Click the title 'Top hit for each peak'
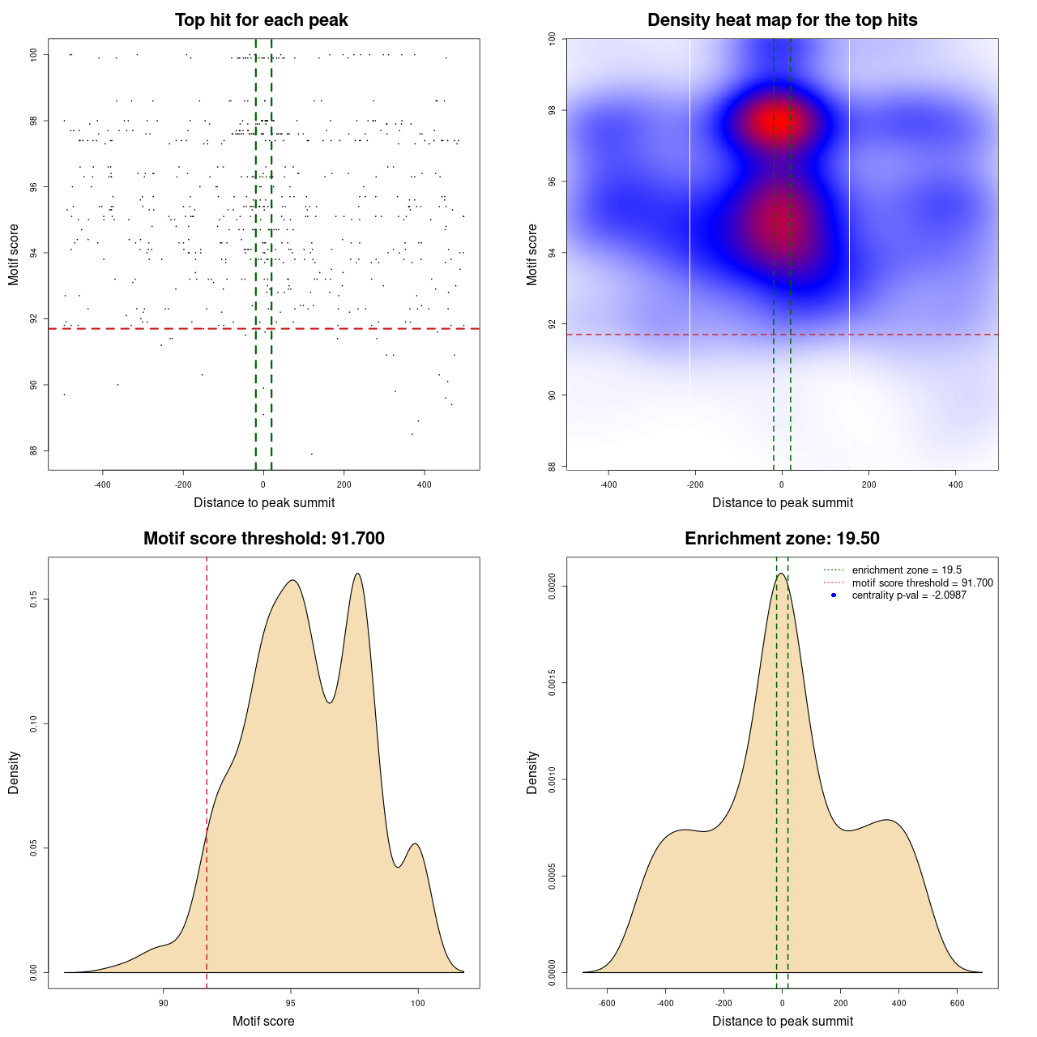tap(261, 20)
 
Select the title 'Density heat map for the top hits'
tap(782, 20)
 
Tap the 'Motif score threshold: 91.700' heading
tap(263, 539)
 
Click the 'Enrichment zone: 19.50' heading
tap(782, 539)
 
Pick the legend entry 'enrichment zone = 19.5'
tap(907, 570)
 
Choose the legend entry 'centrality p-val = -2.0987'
tap(909, 595)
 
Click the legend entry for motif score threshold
tap(922, 583)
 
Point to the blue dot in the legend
tap(834, 595)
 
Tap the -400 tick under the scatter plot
tap(102, 484)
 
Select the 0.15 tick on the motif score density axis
tap(34, 600)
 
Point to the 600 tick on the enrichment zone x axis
tap(958, 1003)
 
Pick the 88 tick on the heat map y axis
tap(553, 467)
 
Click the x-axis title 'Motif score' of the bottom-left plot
tap(263, 1022)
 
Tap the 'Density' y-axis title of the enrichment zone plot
tap(532, 772)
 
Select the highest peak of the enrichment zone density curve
tap(781, 574)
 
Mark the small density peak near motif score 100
tap(416, 844)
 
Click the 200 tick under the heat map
tap(869, 484)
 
